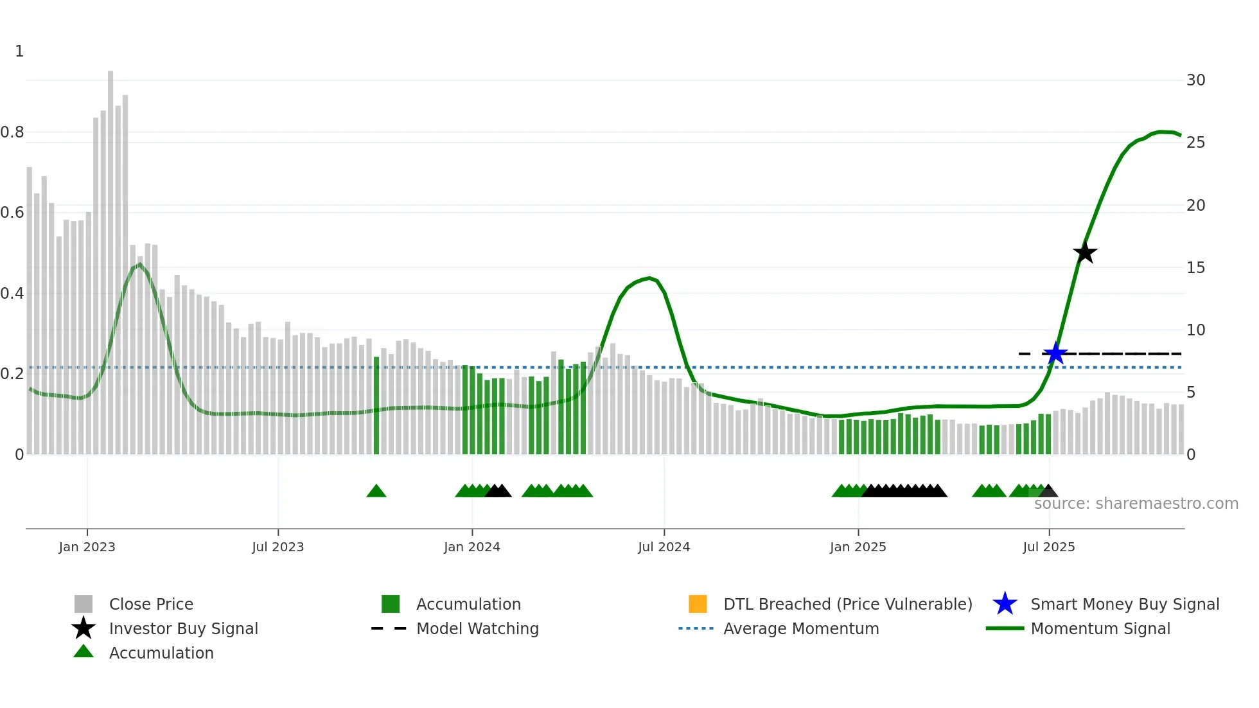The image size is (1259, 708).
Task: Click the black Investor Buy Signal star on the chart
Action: [x=1085, y=252]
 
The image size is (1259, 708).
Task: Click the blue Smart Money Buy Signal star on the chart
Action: [x=1055, y=353]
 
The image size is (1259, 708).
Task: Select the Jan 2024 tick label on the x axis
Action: [x=471, y=547]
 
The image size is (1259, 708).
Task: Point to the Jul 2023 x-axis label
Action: [x=277, y=547]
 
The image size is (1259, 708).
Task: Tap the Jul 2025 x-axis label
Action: [x=1048, y=547]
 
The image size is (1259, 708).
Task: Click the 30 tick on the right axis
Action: [x=1195, y=80]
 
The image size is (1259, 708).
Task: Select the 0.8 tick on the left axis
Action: [x=12, y=132]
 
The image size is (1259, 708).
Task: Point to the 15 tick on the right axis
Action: [x=1195, y=267]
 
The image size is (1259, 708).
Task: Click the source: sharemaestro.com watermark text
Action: [x=1136, y=504]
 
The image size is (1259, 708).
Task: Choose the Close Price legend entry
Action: [x=151, y=604]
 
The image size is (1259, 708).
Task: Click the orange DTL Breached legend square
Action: [x=698, y=604]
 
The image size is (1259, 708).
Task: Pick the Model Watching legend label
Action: [x=477, y=628]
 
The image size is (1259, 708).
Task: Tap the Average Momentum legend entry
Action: [x=800, y=628]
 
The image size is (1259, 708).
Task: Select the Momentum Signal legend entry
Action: [x=1100, y=628]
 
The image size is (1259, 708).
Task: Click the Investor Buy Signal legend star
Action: [x=84, y=628]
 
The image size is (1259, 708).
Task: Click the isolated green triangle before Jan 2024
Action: [x=376, y=491]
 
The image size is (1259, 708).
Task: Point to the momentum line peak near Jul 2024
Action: [x=650, y=278]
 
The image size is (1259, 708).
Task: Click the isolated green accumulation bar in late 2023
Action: [x=376, y=405]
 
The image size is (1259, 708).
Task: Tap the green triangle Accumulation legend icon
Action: [x=84, y=652]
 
